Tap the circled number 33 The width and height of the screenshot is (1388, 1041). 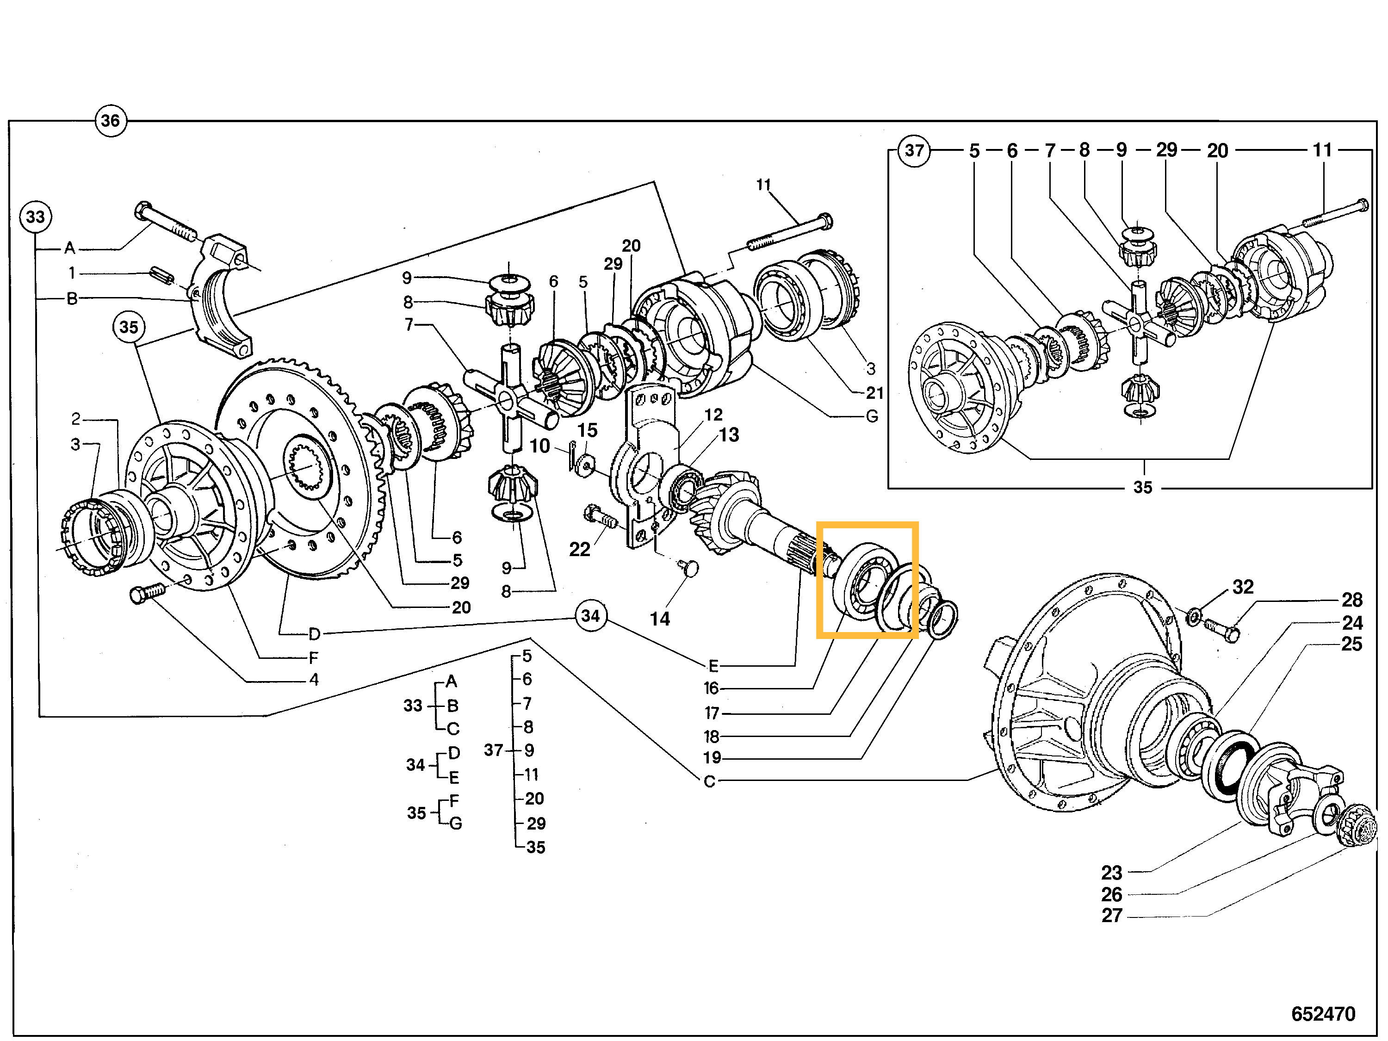pos(35,217)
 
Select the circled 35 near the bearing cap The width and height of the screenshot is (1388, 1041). pos(129,327)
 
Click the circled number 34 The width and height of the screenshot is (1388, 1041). pos(590,615)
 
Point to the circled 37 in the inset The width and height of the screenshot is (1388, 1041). pos(914,150)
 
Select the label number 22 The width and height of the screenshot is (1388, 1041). pos(579,550)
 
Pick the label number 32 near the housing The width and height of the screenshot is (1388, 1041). pos(1242,587)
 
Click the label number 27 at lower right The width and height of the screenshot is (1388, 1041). pos(1111,916)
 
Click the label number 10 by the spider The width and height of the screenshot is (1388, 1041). pos(539,446)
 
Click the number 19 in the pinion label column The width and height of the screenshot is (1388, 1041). pos(712,757)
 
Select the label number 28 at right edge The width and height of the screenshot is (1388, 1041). pos(1351,600)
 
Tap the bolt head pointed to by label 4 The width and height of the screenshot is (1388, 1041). pos(139,594)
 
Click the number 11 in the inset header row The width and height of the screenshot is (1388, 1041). pos(1322,150)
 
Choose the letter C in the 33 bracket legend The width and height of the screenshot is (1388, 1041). pos(453,729)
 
